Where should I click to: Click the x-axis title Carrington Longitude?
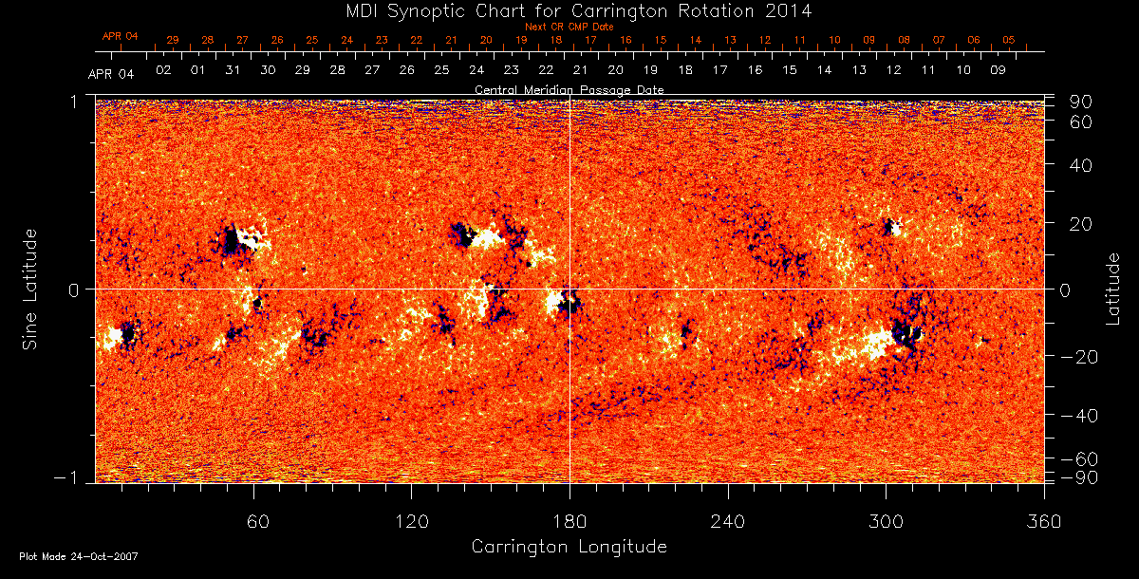[569, 547]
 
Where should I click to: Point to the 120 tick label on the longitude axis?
[411, 520]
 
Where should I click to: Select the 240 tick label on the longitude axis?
[727, 520]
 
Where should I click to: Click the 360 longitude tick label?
[1043, 520]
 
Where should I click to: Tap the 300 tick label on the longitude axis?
[886, 520]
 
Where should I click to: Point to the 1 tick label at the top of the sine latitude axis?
[75, 101]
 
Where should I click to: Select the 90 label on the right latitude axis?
[1083, 102]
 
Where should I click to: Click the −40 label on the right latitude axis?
[1078, 415]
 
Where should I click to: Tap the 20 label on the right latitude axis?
[1083, 223]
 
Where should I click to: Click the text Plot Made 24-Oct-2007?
[79, 556]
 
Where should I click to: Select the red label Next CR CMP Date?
[569, 28]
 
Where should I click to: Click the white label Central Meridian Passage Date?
[569, 89]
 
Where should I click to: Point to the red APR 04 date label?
[121, 36]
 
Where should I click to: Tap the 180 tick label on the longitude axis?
[569, 520]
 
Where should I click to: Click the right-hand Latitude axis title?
[1113, 289]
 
